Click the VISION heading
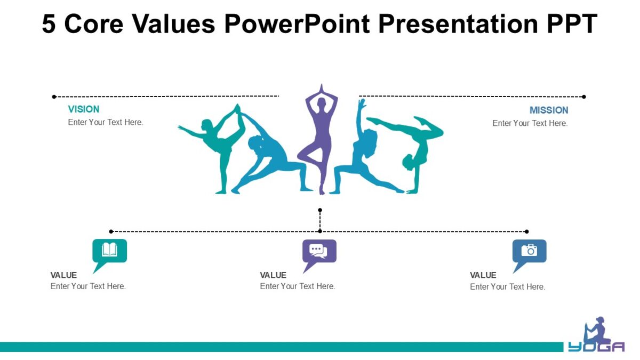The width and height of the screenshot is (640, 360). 84,109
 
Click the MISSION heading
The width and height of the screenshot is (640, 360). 549,110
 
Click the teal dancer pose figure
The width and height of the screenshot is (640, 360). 217,143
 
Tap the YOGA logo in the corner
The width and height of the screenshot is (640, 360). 597,335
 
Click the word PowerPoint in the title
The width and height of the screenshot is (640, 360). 297,24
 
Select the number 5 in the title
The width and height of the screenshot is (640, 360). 49,24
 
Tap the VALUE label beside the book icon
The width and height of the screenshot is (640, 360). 63,275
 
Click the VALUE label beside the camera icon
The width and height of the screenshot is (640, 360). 483,275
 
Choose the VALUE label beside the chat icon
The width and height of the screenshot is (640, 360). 273,275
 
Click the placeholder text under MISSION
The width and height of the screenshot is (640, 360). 530,123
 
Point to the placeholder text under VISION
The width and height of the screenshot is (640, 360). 106,122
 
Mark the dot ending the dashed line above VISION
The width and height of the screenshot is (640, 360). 54,97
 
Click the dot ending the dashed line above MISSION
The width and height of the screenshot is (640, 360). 583,97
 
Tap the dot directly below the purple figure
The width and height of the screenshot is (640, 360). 320,210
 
